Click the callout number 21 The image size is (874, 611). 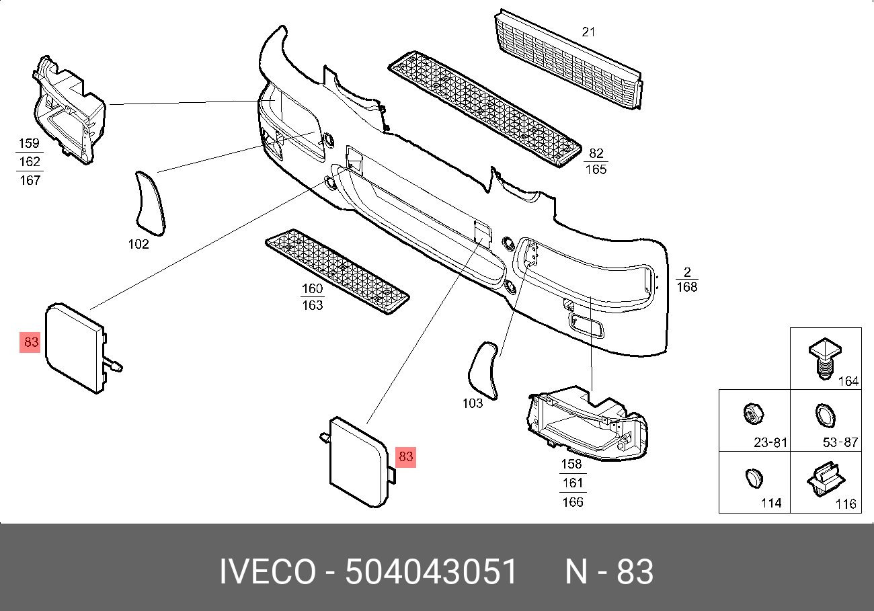click(588, 32)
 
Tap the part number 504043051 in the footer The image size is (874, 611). click(431, 571)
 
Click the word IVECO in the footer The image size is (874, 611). click(268, 571)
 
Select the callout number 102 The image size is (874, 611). click(138, 244)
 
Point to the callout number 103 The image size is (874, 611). click(473, 403)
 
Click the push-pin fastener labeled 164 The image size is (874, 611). click(824, 358)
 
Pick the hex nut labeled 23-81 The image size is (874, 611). click(754, 414)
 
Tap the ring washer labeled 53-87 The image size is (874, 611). click(825, 415)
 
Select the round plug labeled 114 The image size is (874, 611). click(754, 479)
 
